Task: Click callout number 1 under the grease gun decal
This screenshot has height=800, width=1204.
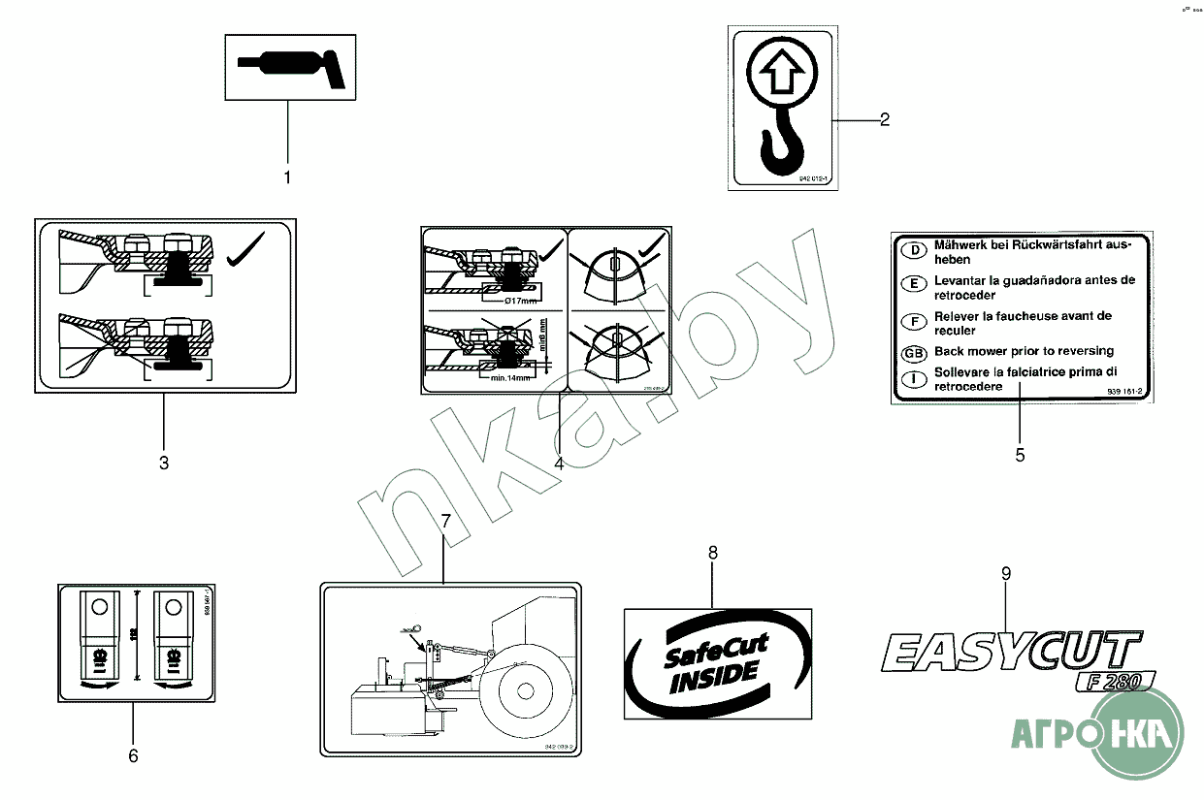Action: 287,177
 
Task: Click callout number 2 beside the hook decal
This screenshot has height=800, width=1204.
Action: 884,120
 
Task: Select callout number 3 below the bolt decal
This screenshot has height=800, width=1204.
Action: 164,464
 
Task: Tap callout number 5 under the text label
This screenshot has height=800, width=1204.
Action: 1020,454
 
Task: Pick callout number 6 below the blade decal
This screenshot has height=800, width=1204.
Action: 133,754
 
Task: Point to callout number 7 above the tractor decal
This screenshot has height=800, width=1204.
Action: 445,522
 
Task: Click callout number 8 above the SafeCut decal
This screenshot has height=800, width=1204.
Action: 713,553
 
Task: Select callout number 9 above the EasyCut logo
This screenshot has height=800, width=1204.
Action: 1006,574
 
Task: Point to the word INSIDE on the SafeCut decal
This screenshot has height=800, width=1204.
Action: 714,672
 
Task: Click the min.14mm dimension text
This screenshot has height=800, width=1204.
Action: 511,378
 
